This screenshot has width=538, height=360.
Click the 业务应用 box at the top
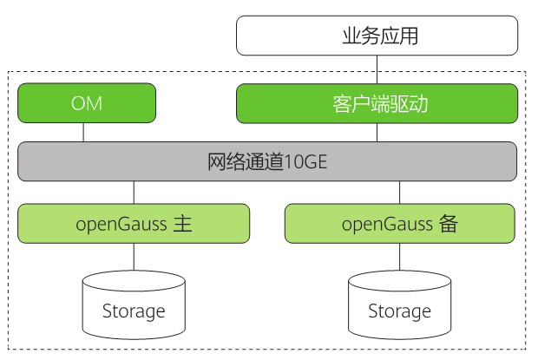coord(377,36)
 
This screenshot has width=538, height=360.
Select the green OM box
coord(87,103)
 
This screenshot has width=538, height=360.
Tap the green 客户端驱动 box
coord(377,103)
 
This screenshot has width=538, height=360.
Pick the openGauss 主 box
coord(134,223)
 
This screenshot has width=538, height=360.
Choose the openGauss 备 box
coord(400,223)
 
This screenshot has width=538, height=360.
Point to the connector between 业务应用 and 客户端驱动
coord(377,70)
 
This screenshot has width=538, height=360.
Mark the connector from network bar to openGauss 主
coord(134,192)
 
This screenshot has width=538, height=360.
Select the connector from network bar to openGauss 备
coord(400,192)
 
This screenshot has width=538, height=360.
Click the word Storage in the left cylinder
coord(134,311)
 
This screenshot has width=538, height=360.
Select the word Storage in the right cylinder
coord(400,311)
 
